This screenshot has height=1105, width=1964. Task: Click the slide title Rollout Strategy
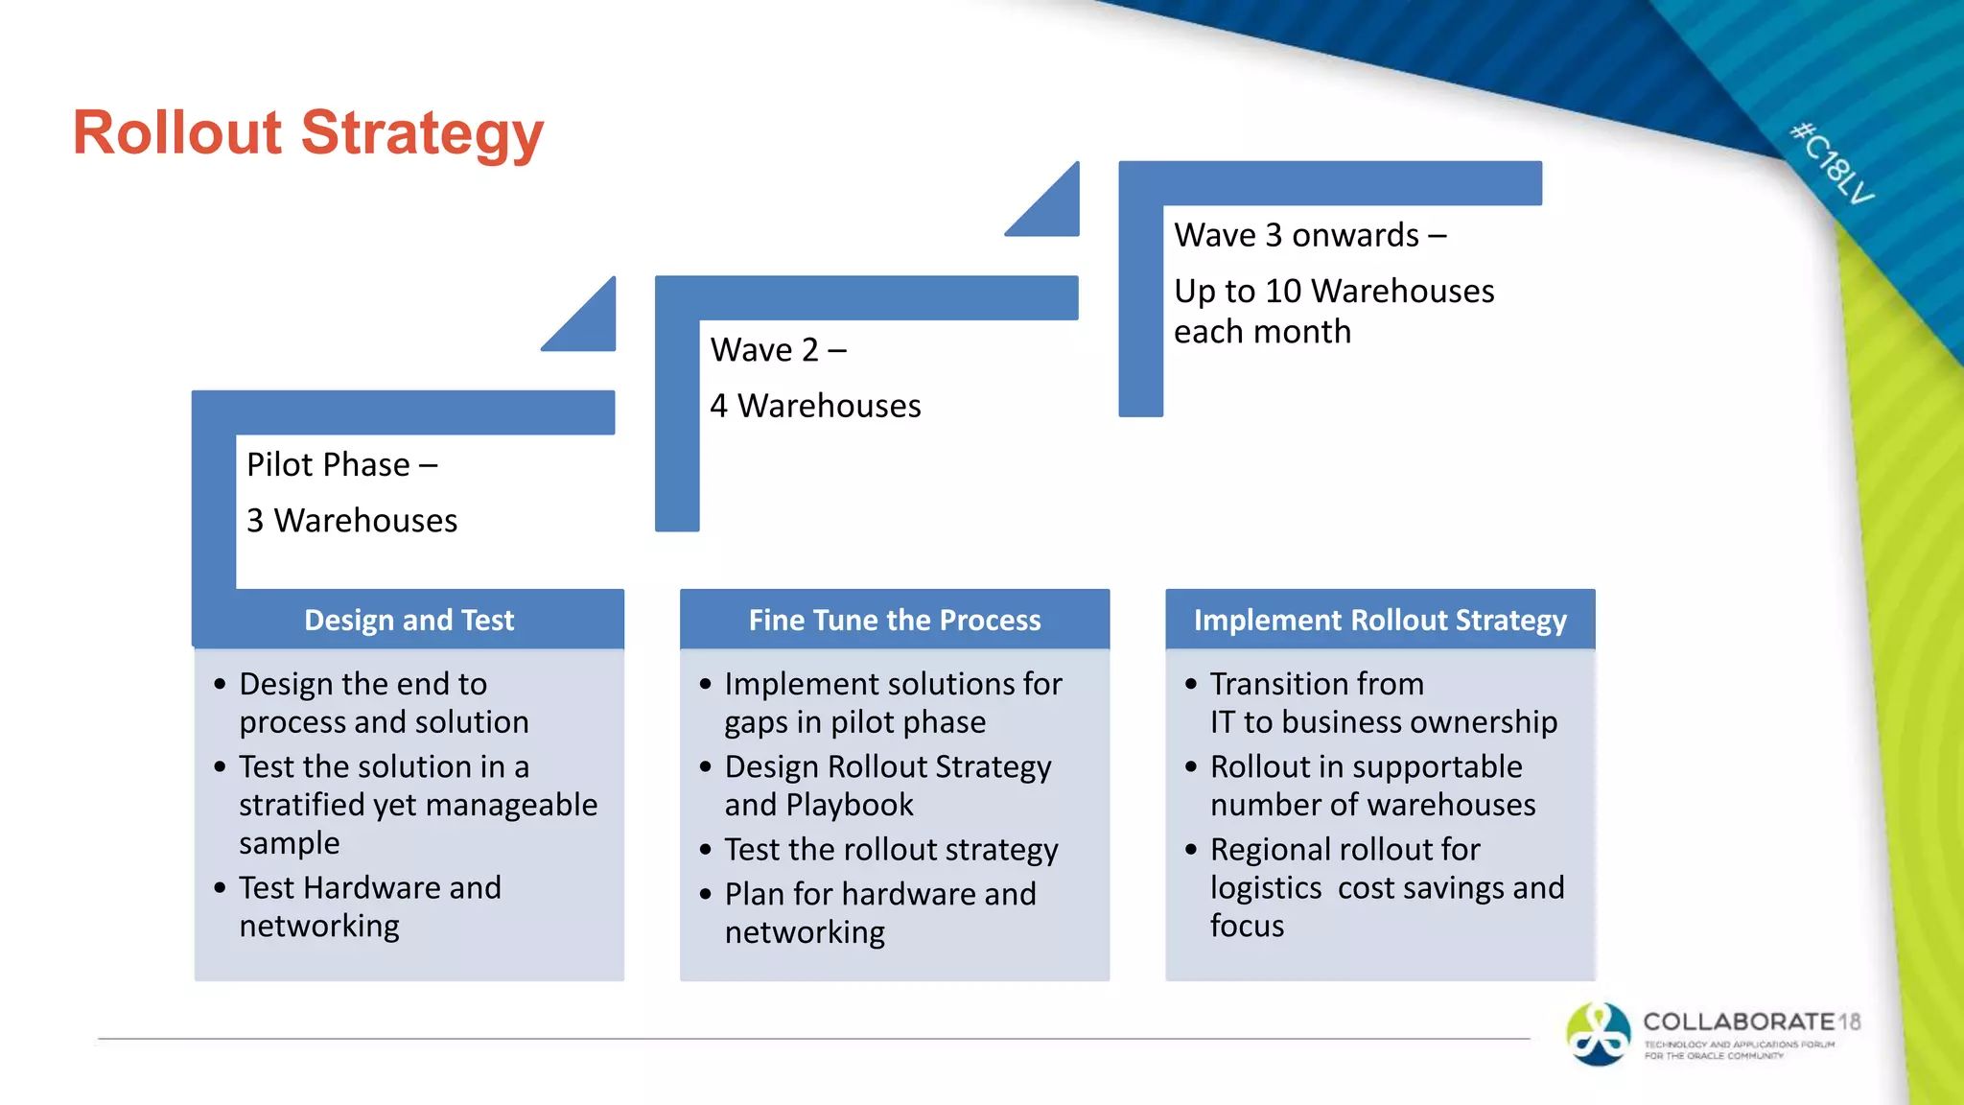click(x=308, y=132)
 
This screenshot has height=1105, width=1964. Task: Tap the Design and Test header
click(x=409, y=620)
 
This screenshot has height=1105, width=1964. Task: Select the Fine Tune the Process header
click(x=894, y=620)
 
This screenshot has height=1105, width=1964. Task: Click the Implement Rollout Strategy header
click(x=1379, y=620)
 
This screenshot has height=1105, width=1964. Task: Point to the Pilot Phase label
click(x=341, y=465)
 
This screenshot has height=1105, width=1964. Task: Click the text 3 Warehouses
click(x=352, y=521)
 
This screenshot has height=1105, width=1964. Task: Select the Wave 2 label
click(x=778, y=350)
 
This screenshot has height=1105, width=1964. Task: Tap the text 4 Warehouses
click(x=815, y=407)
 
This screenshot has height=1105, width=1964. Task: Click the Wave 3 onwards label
click(x=1309, y=236)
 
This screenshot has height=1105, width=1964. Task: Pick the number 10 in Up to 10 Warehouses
click(x=1283, y=292)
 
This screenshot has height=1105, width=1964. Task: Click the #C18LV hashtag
click(x=1833, y=163)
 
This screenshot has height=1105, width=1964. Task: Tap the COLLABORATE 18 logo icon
click(x=1598, y=1034)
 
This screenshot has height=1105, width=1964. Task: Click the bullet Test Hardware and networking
click(x=369, y=906)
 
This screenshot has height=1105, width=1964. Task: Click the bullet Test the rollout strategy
click(x=891, y=850)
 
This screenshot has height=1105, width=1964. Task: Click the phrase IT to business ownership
click(x=1383, y=722)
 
